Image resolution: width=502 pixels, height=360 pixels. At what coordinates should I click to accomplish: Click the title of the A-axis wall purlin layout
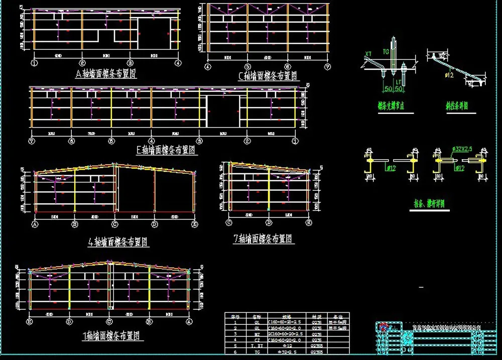[x=106, y=74]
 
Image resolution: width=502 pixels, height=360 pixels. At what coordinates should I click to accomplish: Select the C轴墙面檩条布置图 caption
[x=269, y=76]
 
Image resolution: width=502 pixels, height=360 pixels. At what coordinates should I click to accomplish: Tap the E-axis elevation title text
[x=165, y=149]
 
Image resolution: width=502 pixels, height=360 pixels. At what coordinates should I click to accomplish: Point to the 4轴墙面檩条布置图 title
[x=118, y=242]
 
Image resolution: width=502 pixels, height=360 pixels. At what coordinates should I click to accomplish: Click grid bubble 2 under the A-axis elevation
[x=82, y=63]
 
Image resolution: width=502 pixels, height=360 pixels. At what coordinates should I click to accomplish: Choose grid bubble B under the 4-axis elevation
[x=75, y=224]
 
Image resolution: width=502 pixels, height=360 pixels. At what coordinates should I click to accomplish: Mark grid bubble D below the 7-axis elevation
[x=269, y=222]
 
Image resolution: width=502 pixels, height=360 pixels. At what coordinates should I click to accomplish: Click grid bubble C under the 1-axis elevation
[x=109, y=321]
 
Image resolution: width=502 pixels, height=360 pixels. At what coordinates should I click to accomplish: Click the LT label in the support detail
[x=398, y=81]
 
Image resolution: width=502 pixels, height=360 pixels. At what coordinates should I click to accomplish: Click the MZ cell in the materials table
[x=257, y=333]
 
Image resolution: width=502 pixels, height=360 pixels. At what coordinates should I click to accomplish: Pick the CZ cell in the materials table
[x=257, y=339]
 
